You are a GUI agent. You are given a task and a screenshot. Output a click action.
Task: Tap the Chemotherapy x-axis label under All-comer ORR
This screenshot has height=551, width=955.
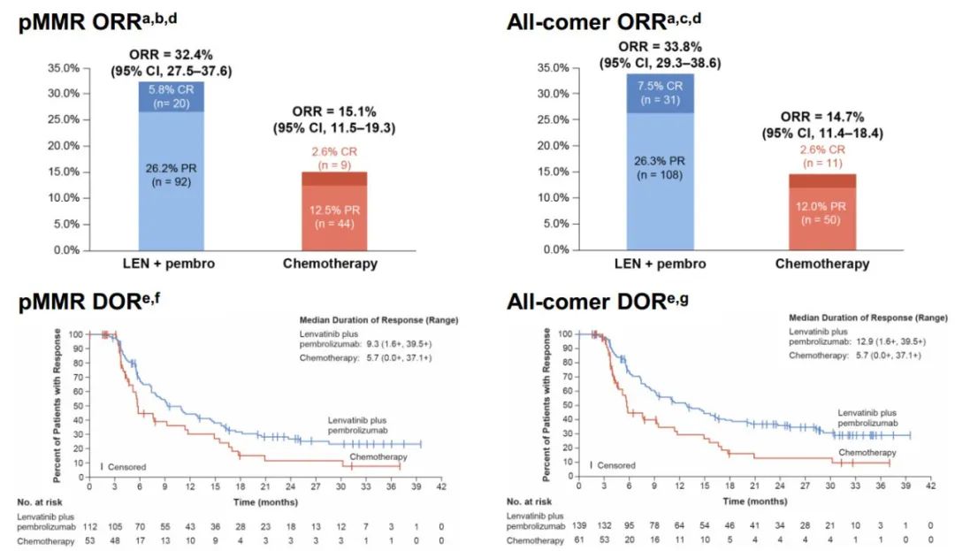(822, 264)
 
